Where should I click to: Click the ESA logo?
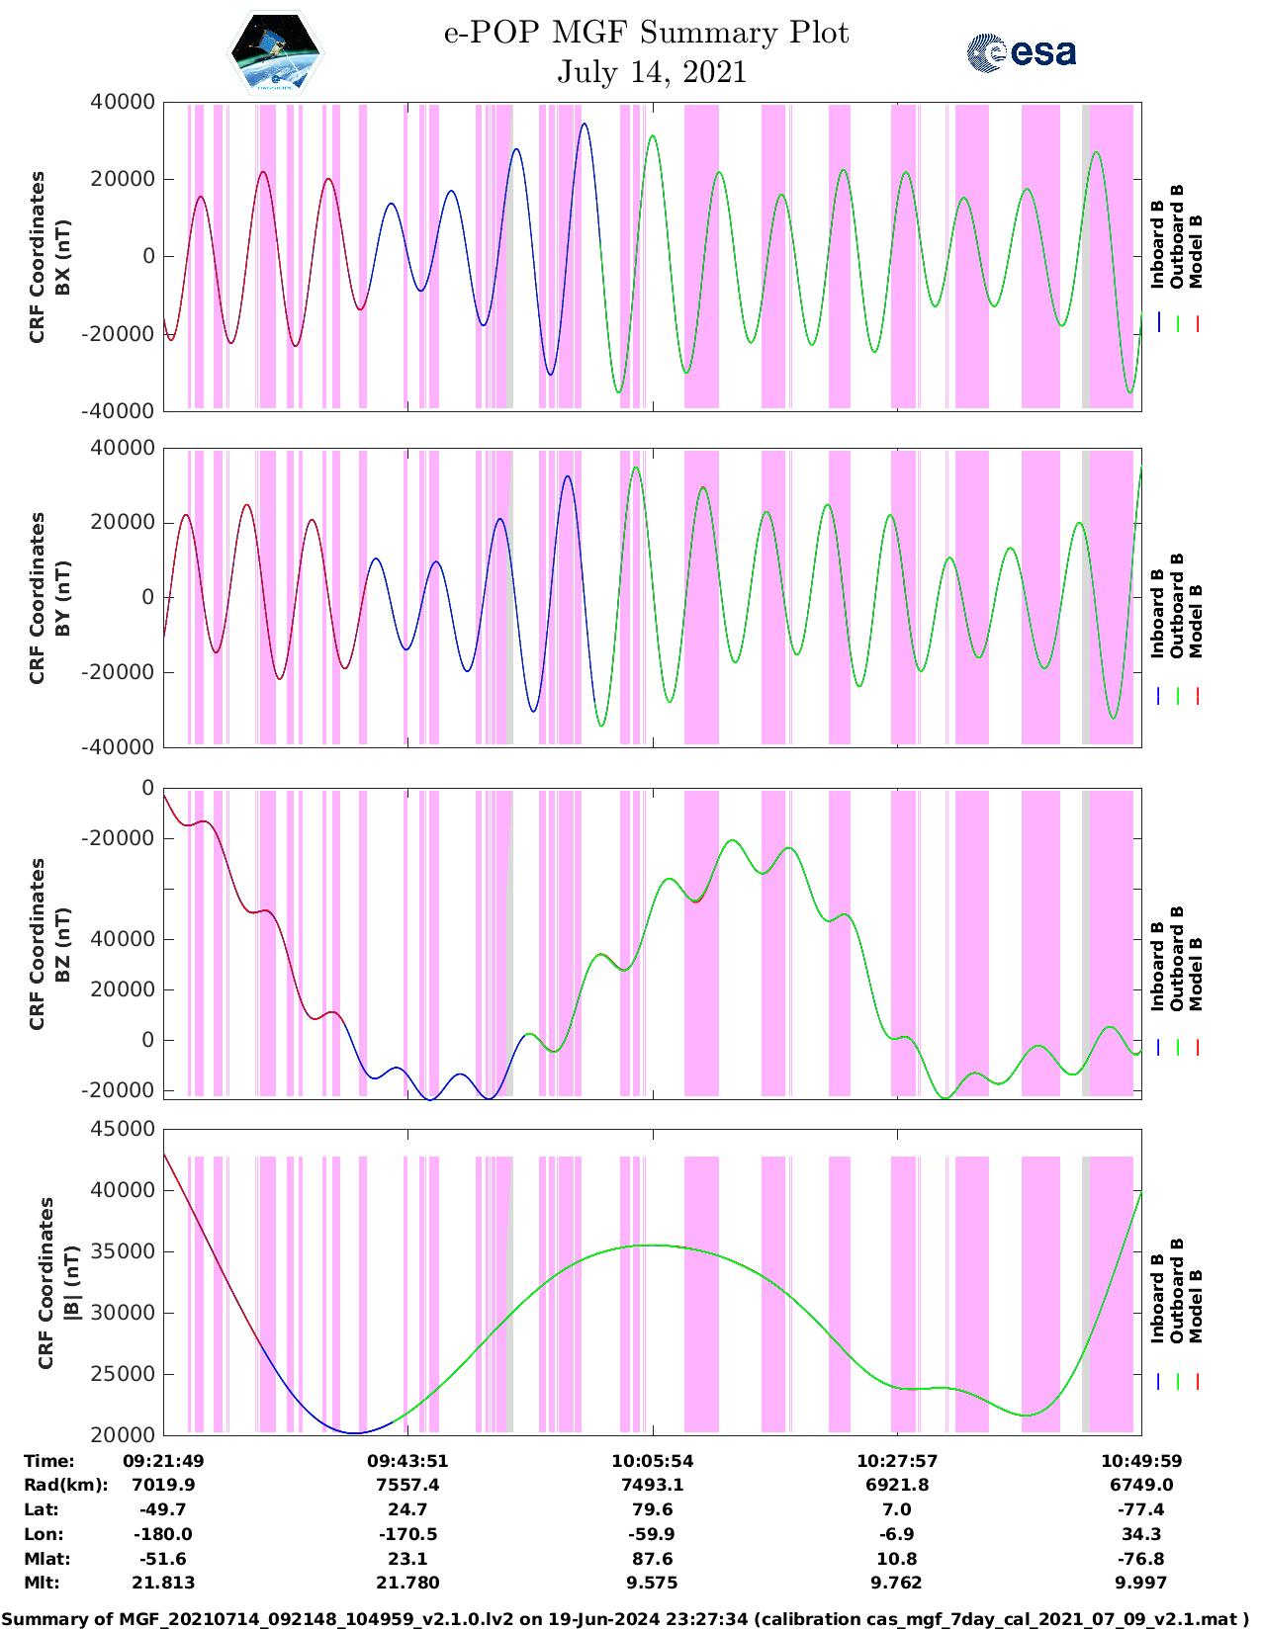tap(1021, 51)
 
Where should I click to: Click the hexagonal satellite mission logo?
tap(274, 53)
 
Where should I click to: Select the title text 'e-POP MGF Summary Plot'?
tap(646, 33)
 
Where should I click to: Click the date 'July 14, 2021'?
tap(651, 72)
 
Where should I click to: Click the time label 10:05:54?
tap(652, 1461)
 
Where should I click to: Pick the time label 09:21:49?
tap(163, 1461)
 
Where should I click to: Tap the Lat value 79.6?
tap(652, 1509)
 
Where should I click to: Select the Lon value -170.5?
tap(407, 1534)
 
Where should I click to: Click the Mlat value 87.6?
tap(652, 1559)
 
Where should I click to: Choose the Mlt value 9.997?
tap(1141, 1583)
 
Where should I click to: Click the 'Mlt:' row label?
tap(42, 1583)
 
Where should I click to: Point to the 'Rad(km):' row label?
tap(65, 1485)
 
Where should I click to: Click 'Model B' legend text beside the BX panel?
tap(1196, 251)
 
